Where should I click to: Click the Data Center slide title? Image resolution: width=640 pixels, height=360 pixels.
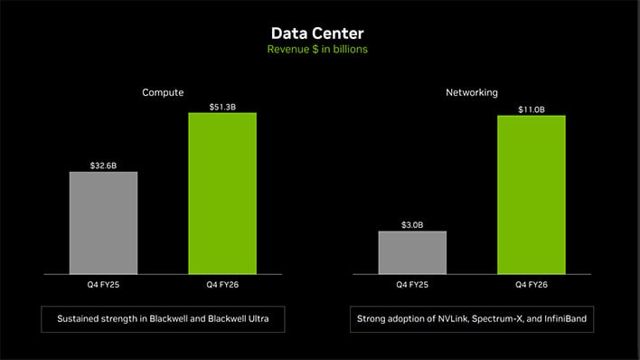tap(319, 33)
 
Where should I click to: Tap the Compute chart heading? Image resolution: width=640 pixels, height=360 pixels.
tap(163, 92)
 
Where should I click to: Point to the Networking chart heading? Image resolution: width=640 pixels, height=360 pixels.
tap(472, 92)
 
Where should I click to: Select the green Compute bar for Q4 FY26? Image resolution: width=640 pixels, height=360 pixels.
tap(221, 194)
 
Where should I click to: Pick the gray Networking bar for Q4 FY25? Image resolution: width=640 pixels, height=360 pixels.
tap(412, 252)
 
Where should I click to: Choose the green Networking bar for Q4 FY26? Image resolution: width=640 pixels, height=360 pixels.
tap(531, 194)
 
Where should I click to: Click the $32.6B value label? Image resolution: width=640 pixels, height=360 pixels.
tap(103, 166)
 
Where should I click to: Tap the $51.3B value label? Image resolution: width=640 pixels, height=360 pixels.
tap(221, 107)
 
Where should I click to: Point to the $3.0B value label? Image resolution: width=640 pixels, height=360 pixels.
tap(412, 224)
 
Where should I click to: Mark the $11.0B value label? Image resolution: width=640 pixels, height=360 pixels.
tap(531, 109)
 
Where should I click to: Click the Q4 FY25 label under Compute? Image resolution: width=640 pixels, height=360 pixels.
tap(103, 285)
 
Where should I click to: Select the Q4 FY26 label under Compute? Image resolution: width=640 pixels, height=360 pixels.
tap(221, 285)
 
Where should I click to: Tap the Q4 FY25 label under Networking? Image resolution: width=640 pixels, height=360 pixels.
tap(412, 285)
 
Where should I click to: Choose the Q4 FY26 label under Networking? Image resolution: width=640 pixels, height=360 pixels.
tap(531, 285)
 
